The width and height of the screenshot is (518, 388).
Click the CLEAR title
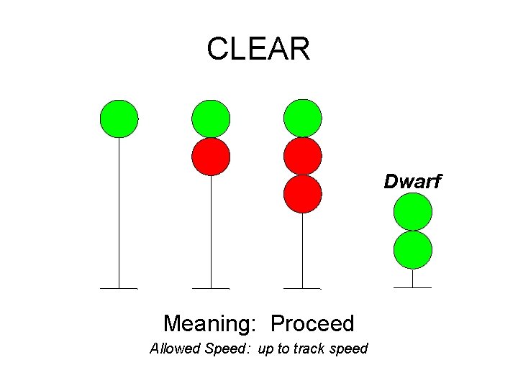point(258,49)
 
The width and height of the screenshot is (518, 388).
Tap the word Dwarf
point(412,182)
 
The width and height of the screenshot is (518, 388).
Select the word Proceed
point(312,324)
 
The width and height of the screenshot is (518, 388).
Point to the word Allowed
point(175,349)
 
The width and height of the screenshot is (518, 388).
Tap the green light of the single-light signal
point(119,119)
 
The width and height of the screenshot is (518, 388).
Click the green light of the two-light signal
point(211,119)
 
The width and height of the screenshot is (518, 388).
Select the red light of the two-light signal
point(211,157)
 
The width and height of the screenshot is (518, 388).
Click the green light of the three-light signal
point(302,119)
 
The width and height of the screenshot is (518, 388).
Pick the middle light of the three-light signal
point(302,157)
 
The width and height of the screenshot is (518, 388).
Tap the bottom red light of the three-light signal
point(302,194)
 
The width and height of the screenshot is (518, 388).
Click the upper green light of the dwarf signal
point(413,212)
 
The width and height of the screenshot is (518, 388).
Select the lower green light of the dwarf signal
point(413,250)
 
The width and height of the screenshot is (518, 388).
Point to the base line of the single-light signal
point(119,288)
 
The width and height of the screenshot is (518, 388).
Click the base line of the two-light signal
point(211,288)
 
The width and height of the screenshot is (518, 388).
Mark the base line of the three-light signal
point(302,288)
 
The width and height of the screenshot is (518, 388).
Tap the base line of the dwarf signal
point(413,288)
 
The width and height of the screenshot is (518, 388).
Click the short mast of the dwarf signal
point(413,278)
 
